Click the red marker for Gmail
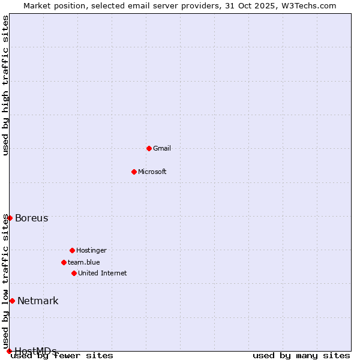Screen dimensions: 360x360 (x=149, y=148)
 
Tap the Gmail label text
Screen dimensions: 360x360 (x=162, y=148)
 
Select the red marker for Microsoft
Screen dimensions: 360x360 (x=134, y=172)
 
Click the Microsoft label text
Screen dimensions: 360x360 (x=152, y=172)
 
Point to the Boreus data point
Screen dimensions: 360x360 (x=10, y=218)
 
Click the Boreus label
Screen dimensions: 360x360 (x=32, y=218)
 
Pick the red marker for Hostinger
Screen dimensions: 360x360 (x=72, y=250)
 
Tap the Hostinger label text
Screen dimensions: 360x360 (x=91, y=250)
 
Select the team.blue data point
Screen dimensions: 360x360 (x=64, y=262)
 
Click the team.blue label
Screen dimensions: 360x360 (x=84, y=262)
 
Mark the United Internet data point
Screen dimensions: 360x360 (x=74, y=273)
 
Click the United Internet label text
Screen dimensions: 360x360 (x=103, y=273)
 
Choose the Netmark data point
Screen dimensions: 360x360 (x=12, y=301)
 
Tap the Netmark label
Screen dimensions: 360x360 (x=38, y=301)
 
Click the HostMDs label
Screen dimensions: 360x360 (x=35, y=351)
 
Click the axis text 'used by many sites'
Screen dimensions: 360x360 (x=301, y=356)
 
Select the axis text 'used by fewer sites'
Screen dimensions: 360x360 (x=62, y=356)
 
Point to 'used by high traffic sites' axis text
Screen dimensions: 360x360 (x=6, y=85)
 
